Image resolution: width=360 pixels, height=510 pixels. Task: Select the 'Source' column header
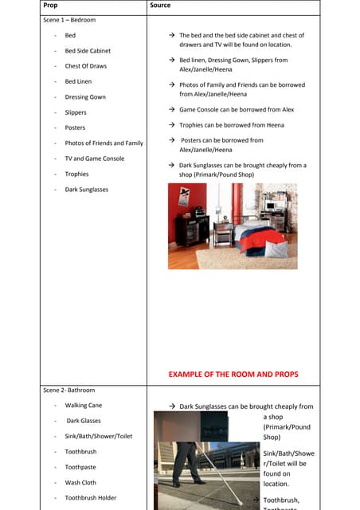tap(160, 6)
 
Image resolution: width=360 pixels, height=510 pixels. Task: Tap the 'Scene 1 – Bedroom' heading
tap(68, 20)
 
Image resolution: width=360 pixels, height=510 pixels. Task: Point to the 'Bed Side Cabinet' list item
tap(88, 51)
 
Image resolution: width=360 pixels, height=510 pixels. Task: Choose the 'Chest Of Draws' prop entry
tap(85, 66)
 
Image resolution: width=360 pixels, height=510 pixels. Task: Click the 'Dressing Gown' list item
tap(85, 97)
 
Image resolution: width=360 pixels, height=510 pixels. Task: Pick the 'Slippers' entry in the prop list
tap(76, 112)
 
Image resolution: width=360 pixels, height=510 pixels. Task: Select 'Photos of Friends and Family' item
tap(104, 143)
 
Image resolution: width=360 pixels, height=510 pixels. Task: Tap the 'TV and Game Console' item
tap(94, 159)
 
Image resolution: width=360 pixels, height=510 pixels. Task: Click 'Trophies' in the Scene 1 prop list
tap(76, 174)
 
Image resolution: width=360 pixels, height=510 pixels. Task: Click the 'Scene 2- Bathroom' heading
tap(68, 390)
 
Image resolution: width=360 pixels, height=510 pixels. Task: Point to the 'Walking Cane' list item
tap(83, 406)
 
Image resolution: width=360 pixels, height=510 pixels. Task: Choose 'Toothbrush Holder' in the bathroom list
tap(90, 498)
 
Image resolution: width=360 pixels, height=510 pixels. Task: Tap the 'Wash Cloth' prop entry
tap(80, 483)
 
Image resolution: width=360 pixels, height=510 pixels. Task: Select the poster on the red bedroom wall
tap(185, 196)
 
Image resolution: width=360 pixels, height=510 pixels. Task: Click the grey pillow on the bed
tap(274, 249)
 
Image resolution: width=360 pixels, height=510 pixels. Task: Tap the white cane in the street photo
tap(215, 475)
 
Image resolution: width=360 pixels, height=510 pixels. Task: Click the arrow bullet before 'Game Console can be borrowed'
tap(172, 110)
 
